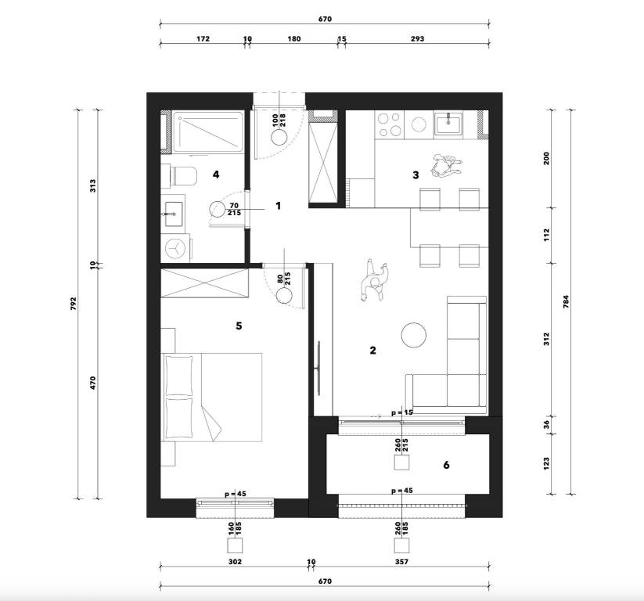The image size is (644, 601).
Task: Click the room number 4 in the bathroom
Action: pyautogui.click(x=216, y=175)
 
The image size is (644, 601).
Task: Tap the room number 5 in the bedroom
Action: pyautogui.click(x=239, y=326)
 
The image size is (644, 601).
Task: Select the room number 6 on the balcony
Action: pyautogui.click(x=447, y=465)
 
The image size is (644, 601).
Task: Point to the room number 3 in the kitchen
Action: pyautogui.click(x=416, y=175)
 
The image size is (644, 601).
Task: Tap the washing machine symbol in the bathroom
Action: pyautogui.click(x=176, y=248)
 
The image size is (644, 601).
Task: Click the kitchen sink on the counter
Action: pyautogui.click(x=448, y=123)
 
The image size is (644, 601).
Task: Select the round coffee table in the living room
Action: pyautogui.click(x=414, y=335)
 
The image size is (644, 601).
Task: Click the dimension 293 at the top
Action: pyautogui.click(x=417, y=39)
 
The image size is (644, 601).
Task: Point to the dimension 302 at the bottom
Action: pyautogui.click(x=235, y=562)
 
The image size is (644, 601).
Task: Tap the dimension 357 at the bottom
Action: pyautogui.click(x=401, y=562)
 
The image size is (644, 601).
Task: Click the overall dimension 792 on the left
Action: pyautogui.click(x=74, y=304)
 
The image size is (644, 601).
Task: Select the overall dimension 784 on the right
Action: pyautogui.click(x=566, y=302)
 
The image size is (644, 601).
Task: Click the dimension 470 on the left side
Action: pyautogui.click(x=93, y=383)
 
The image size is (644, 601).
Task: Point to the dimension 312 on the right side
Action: pyautogui.click(x=546, y=339)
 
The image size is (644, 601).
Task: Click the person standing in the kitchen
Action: pyautogui.click(x=444, y=165)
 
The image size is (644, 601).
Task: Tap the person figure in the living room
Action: pyautogui.click(x=375, y=281)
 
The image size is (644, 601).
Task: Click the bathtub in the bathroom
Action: pyautogui.click(x=208, y=132)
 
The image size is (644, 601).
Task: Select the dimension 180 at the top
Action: pyautogui.click(x=293, y=39)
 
